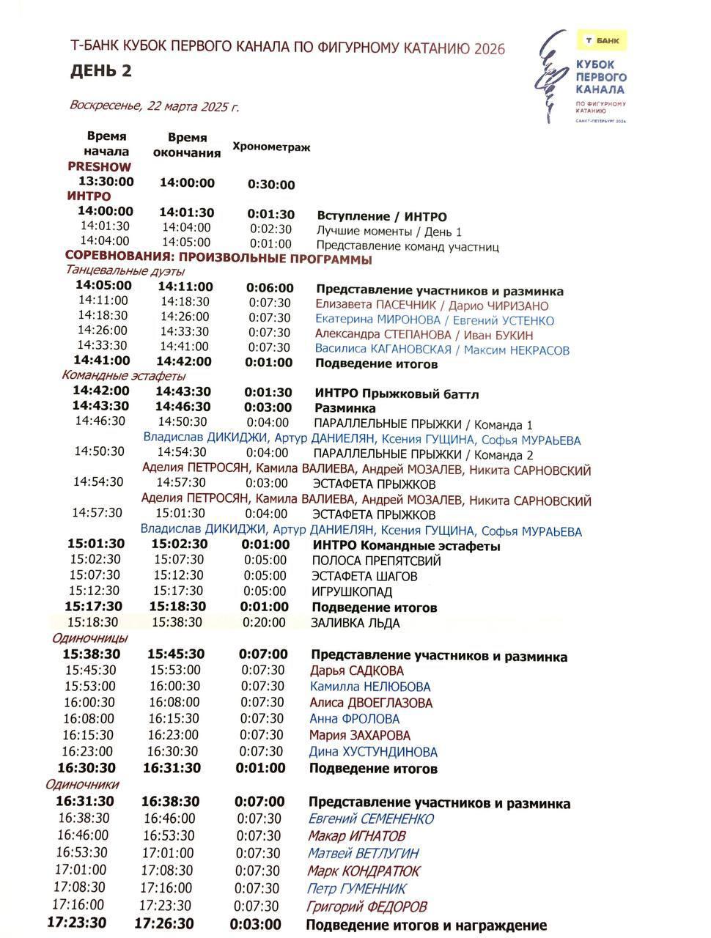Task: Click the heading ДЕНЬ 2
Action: (x=100, y=71)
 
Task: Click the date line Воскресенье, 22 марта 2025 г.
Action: (x=154, y=105)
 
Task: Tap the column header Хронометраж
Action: (x=271, y=147)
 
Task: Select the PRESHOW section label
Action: (x=99, y=166)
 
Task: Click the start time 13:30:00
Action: (x=106, y=182)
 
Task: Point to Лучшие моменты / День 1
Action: (x=389, y=232)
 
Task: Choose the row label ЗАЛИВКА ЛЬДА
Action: (x=356, y=624)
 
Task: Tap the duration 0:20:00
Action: (x=264, y=623)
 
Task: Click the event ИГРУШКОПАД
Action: (x=353, y=591)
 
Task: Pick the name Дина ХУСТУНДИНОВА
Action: (x=373, y=752)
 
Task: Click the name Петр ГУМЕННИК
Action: (x=357, y=889)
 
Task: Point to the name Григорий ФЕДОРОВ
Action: (x=366, y=906)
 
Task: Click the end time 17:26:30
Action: (x=165, y=923)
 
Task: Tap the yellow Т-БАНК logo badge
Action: (x=601, y=40)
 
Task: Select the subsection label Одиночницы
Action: (x=89, y=638)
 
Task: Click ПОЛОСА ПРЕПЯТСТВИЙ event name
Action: (x=377, y=561)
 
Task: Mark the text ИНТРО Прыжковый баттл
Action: (x=397, y=394)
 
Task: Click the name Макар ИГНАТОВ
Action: (x=357, y=836)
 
